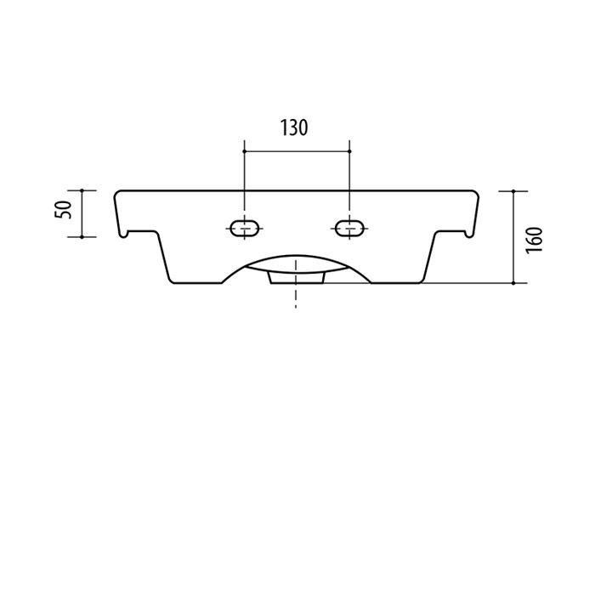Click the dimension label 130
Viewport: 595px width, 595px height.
[x=294, y=127]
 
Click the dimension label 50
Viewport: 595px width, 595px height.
[x=63, y=209]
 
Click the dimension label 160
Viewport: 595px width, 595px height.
[x=535, y=241]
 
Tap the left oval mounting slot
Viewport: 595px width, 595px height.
[x=245, y=229]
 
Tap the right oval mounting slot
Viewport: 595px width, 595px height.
[x=349, y=229]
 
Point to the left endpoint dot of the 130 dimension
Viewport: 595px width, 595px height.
[x=245, y=151]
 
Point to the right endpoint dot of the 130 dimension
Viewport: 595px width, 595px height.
[x=349, y=151]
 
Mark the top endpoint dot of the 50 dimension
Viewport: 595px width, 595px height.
[x=82, y=190]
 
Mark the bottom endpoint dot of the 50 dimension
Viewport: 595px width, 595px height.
[x=82, y=237]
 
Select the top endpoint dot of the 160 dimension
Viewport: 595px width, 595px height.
[x=513, y=191]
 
